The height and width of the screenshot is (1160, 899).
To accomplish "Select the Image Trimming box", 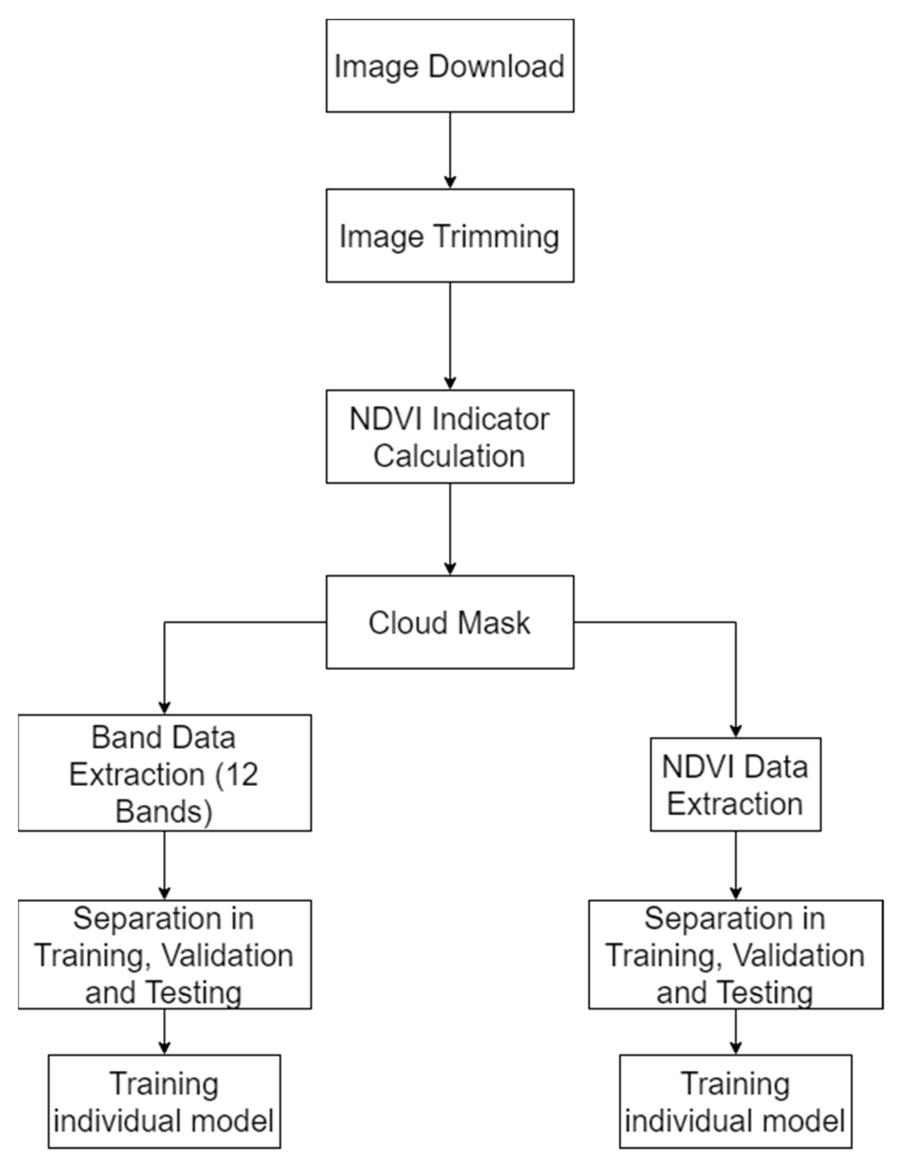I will (x=450, y=235).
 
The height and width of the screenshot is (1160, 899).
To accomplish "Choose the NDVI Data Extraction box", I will (x=736, y=784).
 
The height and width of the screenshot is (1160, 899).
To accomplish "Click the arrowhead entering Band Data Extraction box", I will (x=164, y=708).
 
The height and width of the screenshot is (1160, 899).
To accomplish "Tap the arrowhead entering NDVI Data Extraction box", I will (x=736, y=731).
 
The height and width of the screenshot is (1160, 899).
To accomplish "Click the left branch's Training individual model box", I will (x=164, y=1102).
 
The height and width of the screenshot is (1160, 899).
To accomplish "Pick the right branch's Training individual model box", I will (x=736, y=1102).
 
